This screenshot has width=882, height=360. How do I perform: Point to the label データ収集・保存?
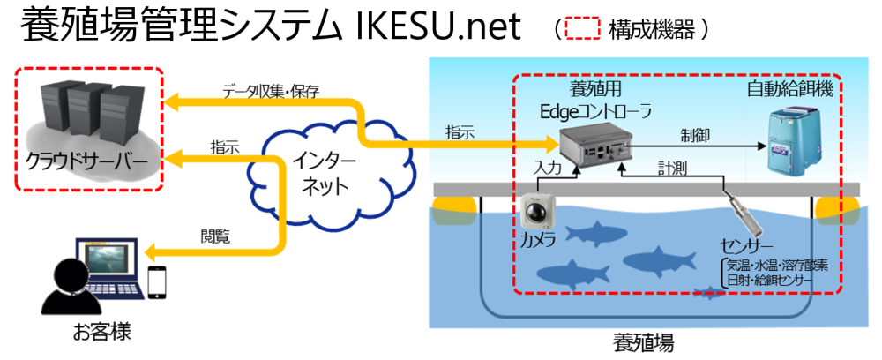[271, 90]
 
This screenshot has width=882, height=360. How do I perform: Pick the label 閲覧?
[215, 236]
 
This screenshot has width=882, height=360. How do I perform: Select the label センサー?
[746, 245]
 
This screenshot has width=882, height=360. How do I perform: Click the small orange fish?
[707, 292]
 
